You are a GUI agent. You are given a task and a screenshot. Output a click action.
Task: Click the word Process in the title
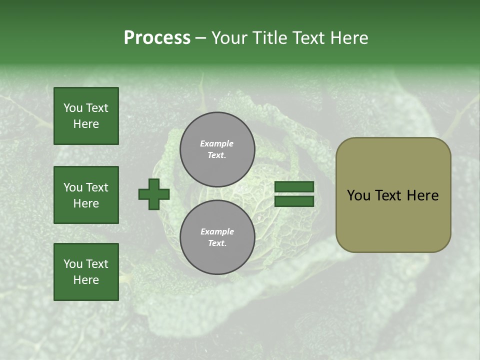coord(157,38)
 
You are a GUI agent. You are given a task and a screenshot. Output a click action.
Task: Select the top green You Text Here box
coord(86,116)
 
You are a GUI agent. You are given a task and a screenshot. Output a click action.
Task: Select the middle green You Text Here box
coord(86,195)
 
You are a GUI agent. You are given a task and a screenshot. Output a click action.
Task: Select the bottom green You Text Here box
coord(86,272)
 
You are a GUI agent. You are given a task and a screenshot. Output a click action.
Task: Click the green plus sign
coord(154,194)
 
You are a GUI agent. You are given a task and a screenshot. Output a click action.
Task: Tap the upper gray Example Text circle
coord(217,149)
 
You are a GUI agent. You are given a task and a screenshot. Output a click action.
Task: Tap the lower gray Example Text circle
coord(217,237)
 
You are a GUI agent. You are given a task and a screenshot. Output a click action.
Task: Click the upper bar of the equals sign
coord(294,187)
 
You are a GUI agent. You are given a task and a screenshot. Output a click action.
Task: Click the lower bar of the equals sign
coord(294,201)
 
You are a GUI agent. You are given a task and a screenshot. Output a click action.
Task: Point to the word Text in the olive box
coord(388,195)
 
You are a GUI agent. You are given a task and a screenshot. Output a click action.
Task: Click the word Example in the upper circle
coord(217,143)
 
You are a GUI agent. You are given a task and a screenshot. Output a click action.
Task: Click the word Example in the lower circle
coord(217,231)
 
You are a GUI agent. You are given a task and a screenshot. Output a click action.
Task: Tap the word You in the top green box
coord(72,108)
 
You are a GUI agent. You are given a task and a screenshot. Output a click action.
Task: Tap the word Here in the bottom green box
coord(86,280)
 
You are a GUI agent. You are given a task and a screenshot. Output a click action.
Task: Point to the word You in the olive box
coord(358,195)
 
